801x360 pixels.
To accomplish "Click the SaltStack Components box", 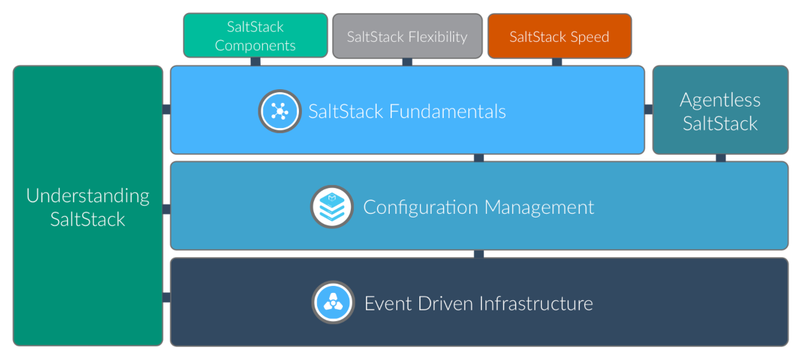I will [x=254, y=35].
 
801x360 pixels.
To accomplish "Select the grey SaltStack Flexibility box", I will [x=407, y=36].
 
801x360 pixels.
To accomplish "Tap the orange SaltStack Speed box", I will [x=559, y=36].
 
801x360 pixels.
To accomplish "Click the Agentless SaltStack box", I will [x=720, y=111].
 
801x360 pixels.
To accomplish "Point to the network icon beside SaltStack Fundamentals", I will [x=279, y=111].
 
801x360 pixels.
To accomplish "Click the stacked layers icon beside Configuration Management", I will [x=332, y=207].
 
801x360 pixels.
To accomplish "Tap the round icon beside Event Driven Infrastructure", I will [x=333, y=302].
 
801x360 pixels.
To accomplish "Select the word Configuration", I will [x=421, y=207].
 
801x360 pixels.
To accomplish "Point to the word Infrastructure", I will [x=535, y=303].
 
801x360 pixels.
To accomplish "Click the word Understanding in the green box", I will [x=88, y=196].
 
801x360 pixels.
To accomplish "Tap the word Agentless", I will [x=720, y=99].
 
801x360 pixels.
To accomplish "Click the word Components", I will [x=255, y=45].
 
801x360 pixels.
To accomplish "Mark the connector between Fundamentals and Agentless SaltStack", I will [x=648, y=109].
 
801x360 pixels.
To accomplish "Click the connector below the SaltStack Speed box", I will [x=557, y=62].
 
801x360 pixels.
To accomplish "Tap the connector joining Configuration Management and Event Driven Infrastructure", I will [x=478, y=254].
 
